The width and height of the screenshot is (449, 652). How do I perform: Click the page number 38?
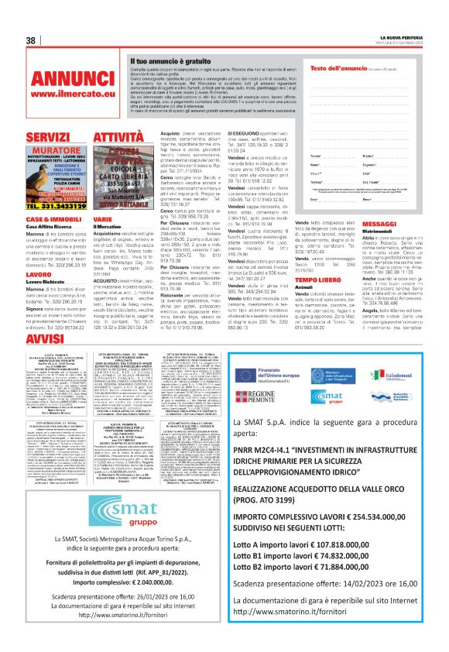pyautogui.click(x=33, y=40)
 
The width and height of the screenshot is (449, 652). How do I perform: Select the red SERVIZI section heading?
pyautogui.click(x=49, y=137)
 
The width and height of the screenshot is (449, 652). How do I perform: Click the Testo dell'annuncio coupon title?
pyautogui.click(x=334, y=68)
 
